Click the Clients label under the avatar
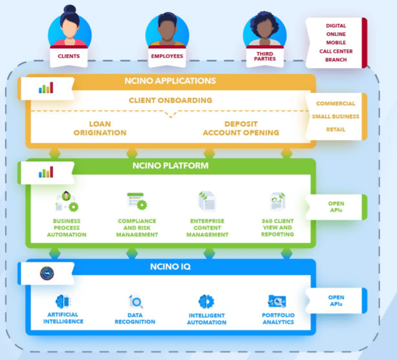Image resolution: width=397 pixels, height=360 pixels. tap(68, 55)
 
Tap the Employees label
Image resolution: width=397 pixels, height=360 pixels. tap(167, 55)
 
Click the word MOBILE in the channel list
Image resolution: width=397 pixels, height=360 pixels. tap(336, 43)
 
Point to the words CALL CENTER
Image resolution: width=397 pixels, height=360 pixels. tap(336, 51)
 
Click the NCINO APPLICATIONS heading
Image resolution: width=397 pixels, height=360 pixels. tap(169, 81)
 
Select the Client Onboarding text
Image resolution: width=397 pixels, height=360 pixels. tap(170, 100)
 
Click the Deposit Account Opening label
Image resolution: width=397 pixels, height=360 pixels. tap(241, 128)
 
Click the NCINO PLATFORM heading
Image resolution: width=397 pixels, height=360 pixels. tap(169, 166)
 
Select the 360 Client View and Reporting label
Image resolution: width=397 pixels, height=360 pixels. tap(277, 227)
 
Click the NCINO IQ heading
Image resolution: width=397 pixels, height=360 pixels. tap(169, 267)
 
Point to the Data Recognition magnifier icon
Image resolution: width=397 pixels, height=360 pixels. tap(136, 302)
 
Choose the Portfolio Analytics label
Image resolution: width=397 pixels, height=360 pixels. tap(277, 318)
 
